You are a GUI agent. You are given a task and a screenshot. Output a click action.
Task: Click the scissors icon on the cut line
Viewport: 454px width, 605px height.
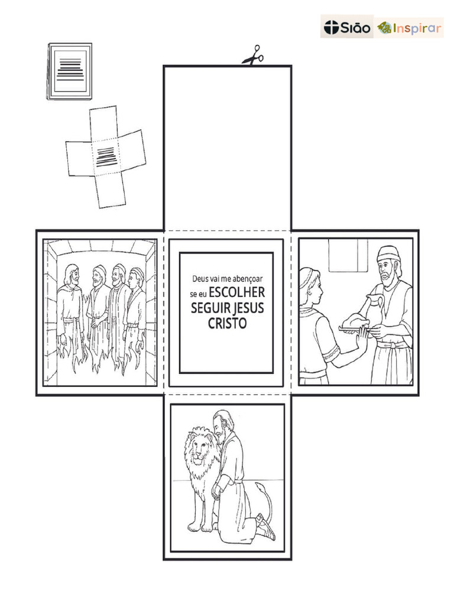coord(252,55)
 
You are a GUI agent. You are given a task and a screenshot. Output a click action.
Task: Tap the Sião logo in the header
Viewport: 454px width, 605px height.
coord(347,27)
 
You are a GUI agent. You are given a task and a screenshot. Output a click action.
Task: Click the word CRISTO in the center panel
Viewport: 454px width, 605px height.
coord(227,324)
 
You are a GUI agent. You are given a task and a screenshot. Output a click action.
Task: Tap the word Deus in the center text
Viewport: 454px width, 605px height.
coord(201,278)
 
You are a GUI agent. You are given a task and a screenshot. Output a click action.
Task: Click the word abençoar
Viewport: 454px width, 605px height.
coord(248,278)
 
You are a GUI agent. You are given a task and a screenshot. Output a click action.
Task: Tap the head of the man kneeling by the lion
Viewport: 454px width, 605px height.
coord(223,422)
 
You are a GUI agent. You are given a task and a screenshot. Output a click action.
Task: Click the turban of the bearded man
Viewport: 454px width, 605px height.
coord(388,254)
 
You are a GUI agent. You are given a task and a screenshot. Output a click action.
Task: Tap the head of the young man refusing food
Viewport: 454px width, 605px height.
coord(311,285)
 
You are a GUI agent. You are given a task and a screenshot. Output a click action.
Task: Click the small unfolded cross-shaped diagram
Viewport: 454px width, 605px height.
coord(105,157)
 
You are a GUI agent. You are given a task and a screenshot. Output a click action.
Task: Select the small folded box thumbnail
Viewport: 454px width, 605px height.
coord(70,70)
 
